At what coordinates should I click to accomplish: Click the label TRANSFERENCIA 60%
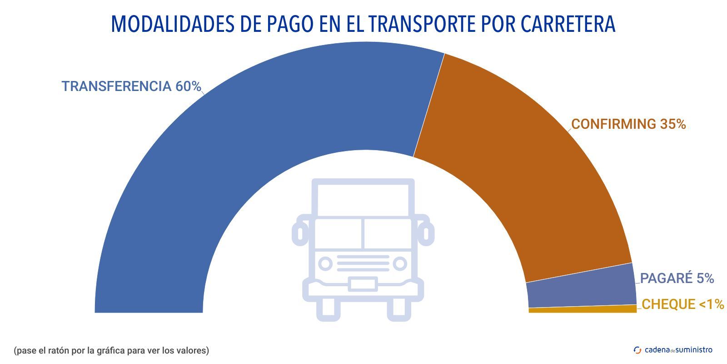(131, 86)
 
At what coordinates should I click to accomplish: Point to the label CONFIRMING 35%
(628, 124)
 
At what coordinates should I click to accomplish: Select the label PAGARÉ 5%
(677, 278)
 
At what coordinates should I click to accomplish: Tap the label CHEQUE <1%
(682, 304)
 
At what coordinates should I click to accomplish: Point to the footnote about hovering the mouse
(111, 350)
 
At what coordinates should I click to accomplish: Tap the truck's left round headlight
(325, 263)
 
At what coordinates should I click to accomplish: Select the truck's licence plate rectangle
(363, 284)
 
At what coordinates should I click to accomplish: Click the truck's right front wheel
(398, 309)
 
